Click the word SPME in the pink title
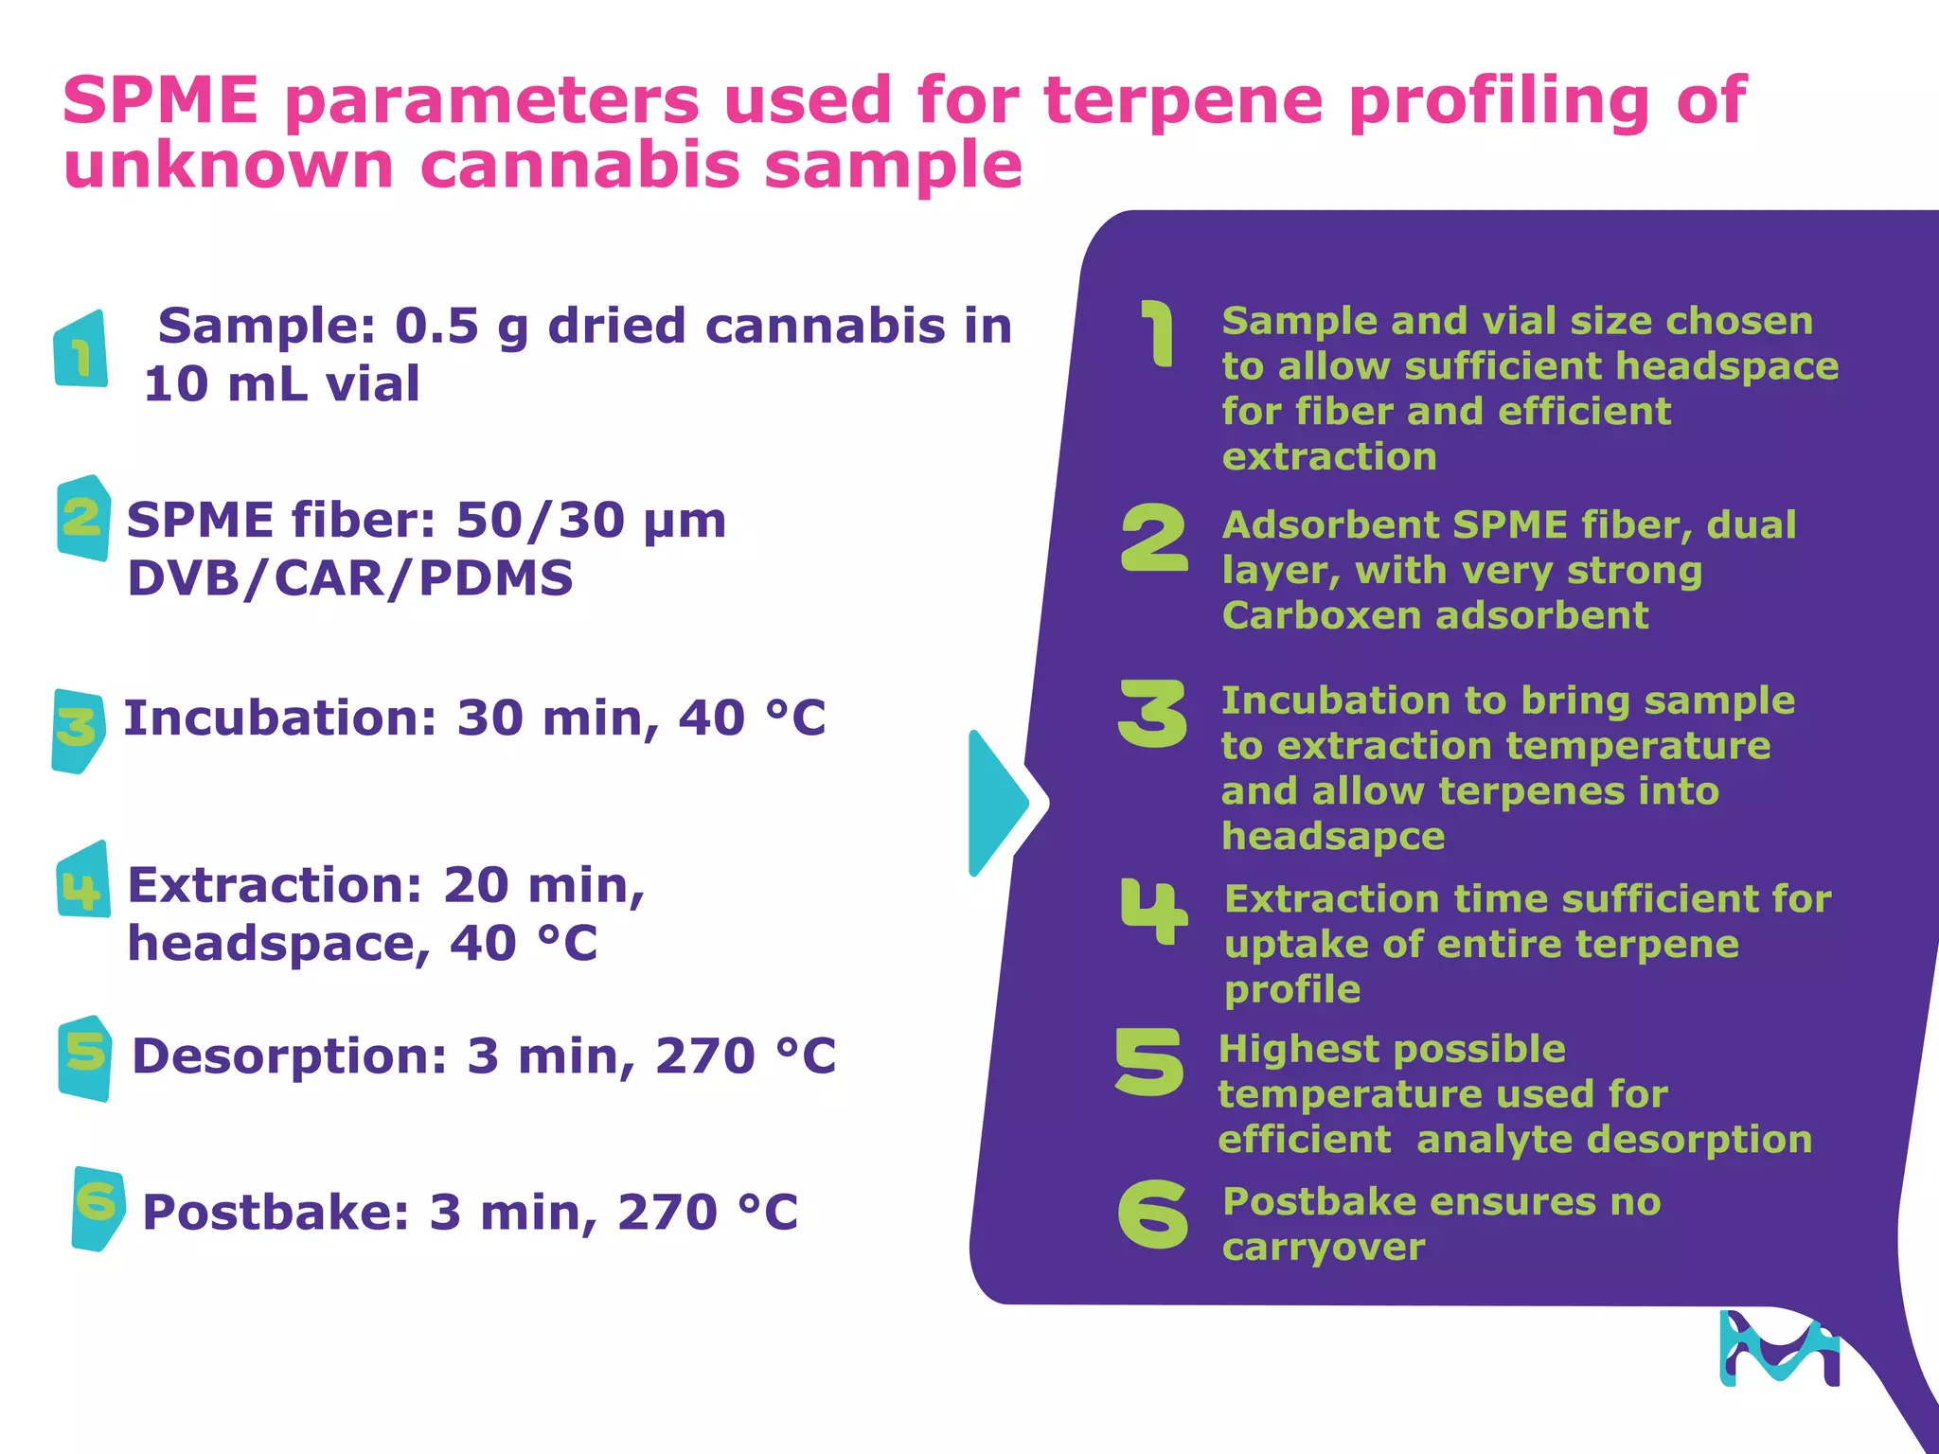(160, 99)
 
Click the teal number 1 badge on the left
(81, 349)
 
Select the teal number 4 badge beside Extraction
(82, 880)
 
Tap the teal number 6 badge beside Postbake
(98, 1209)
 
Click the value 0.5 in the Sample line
(436, 326)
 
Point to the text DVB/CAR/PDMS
(350, 578)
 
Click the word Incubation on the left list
(280, 718)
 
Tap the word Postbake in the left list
(276, 1212)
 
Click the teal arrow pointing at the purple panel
(1000, 803)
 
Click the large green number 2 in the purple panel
(1154, 538)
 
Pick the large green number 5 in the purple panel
(1149, 1062)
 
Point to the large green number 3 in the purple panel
(1152, 714)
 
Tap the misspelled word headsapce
(1333, 837)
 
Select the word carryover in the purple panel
(1323, 1248)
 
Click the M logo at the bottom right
(1779, 1348)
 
